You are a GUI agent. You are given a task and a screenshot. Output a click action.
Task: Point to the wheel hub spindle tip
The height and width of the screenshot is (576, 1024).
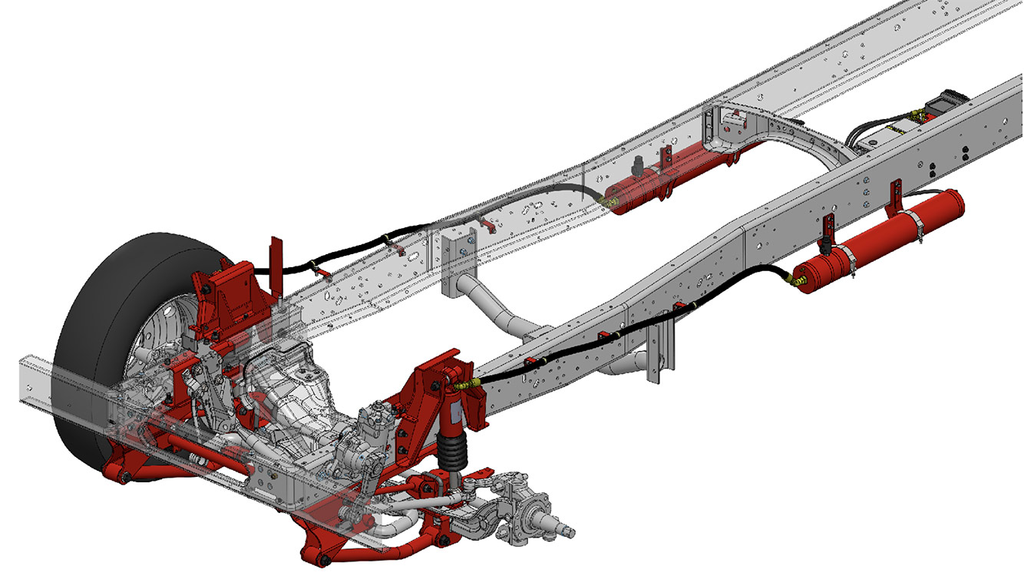coord(569,530)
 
